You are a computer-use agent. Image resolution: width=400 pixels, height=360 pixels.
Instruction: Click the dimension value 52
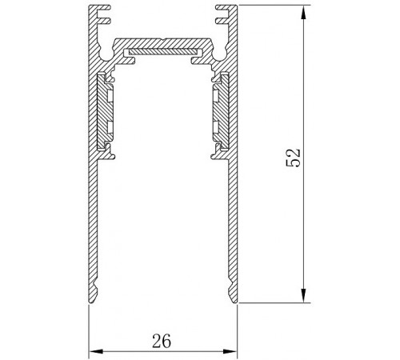tap(294, 158)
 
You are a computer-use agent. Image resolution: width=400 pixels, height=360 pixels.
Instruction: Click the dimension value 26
tap(162, 341)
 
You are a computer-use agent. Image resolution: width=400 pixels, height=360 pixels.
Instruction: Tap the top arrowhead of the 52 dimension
tap(303, 13)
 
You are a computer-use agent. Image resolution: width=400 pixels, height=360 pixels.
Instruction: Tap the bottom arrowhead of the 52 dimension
tap(303, 295)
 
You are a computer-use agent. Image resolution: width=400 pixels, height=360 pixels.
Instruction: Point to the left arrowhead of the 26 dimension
tap(96, 351)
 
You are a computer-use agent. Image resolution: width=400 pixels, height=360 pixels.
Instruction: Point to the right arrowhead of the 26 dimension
tap(230, 351)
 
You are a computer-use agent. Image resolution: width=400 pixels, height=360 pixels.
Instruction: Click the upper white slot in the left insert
tap(110, 96)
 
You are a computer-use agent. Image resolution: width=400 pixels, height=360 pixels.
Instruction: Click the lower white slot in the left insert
tap(110, 127)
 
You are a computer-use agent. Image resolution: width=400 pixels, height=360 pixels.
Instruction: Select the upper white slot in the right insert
tap(216, 96)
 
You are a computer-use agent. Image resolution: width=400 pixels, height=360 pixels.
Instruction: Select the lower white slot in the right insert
tap(216, 127)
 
